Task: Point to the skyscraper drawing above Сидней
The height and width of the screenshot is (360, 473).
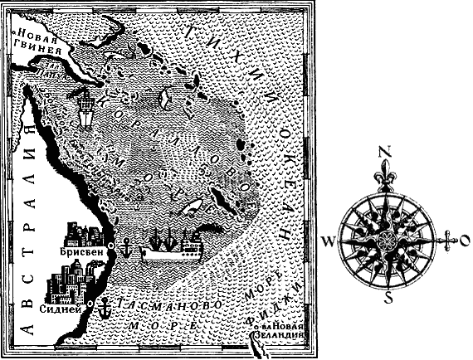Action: coord(66,282)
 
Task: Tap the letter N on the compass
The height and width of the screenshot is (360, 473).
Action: coord(383,151)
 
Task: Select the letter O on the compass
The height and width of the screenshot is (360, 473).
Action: coord(464,241)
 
